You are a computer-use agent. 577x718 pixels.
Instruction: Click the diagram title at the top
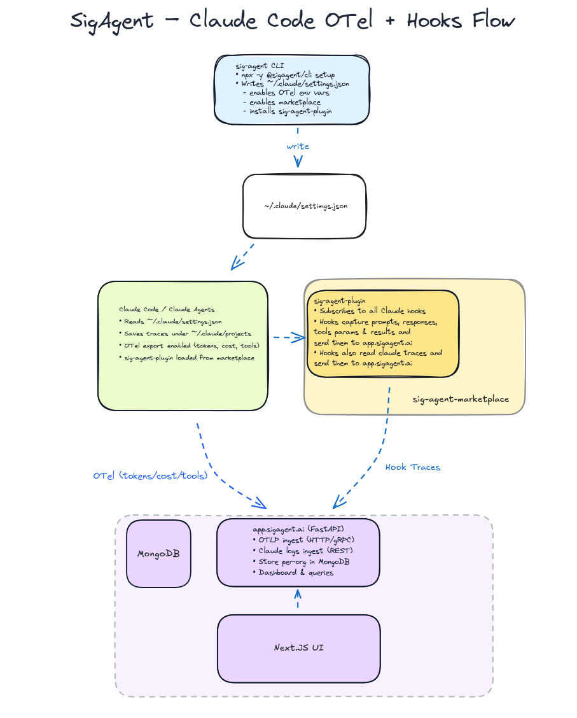[x=292, y=20]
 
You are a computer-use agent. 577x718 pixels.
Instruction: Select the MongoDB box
[x=158, y=553]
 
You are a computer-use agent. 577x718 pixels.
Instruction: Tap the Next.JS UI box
[x=298, y=647]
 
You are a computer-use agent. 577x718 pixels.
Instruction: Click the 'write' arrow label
[x=298, y=146]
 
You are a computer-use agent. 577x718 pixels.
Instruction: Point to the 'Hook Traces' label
[x=412, y=467]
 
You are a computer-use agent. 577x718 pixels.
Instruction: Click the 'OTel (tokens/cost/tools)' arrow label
[x=150, y=475]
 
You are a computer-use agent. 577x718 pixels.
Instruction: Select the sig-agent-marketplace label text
[x=461, y=399]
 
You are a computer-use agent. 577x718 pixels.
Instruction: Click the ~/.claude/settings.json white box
[x=305, y=206]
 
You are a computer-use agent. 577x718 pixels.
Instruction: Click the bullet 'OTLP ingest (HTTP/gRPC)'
[x=298, y=540]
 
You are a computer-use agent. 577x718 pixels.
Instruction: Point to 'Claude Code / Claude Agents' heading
[x=167, y=309]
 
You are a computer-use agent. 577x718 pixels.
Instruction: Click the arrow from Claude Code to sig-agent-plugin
[x=289, y=337]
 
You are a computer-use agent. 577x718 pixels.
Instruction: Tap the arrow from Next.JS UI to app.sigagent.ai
[x=298, y=599]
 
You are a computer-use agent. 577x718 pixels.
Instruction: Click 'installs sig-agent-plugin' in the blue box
[x=287, y=111]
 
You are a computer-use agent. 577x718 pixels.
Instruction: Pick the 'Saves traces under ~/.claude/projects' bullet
[x=184, y=334]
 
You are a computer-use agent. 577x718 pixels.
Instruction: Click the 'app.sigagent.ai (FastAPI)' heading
[x=298, y=529]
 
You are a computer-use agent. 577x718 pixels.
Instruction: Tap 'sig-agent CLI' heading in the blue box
[x=260, y=66]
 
